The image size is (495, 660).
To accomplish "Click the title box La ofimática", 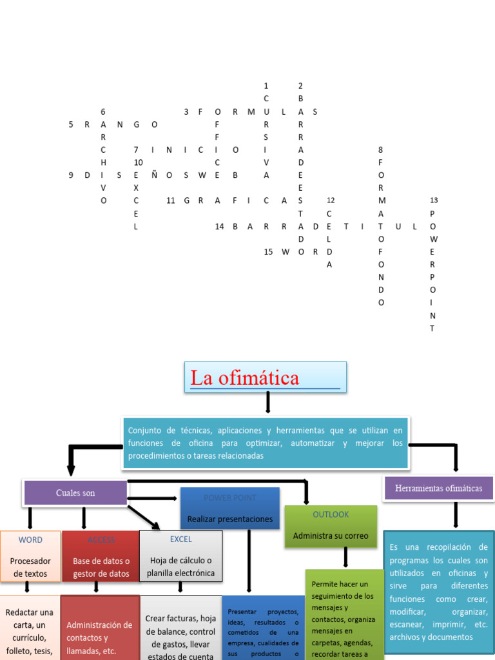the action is coord(266,377).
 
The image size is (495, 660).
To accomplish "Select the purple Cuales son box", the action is coord(75,493).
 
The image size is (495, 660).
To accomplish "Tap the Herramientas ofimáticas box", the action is coord(438,489).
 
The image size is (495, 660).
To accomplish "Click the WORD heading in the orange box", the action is coord(30,539).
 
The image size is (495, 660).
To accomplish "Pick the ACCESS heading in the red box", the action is coord(101,539).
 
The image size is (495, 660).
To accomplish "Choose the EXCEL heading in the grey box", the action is coord(180,539).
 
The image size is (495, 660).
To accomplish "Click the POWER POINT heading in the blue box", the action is coord(229,498).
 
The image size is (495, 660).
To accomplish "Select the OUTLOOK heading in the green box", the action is coord(331,514).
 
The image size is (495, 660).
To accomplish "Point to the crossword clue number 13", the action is coord(434,200).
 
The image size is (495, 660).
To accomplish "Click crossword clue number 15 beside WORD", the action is coord(268,252).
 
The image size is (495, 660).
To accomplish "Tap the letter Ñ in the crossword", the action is coord(152,175).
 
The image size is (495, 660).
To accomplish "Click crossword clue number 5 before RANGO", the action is coord(71,124).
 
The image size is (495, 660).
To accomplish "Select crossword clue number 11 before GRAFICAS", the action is coord(170,200).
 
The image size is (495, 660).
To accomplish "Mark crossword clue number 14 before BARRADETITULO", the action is coord(219,226).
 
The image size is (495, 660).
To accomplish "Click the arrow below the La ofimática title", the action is coord(267,402).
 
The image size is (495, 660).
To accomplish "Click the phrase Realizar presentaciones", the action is coord(229,519).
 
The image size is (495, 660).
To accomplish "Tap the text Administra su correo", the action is coord(331,536).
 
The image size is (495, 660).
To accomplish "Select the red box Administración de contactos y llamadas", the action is coord(100,628).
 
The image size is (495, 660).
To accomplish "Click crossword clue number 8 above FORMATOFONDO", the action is coord(380,150).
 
